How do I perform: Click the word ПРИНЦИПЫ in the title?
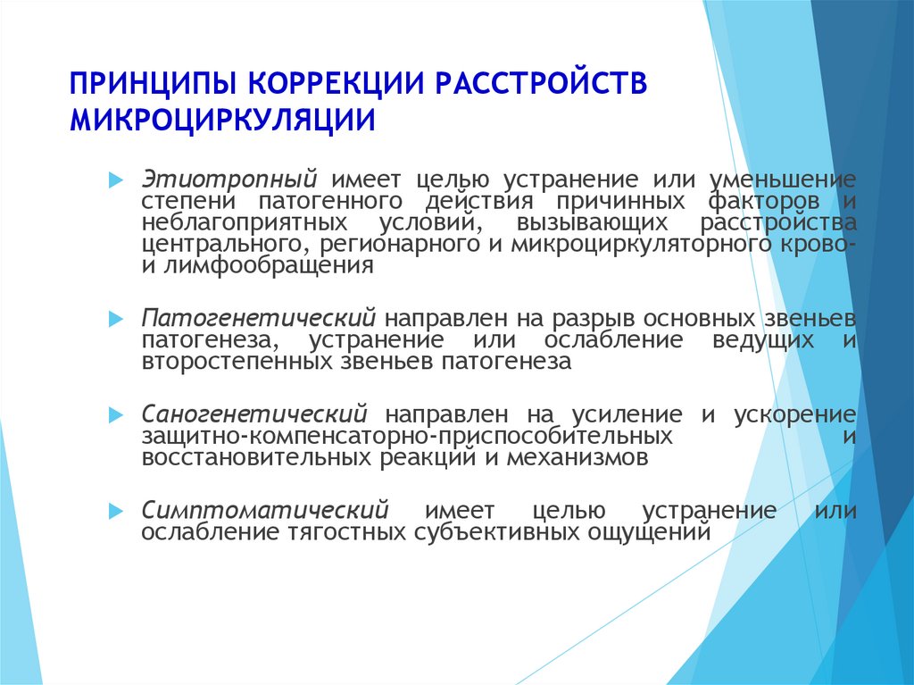[x=154, y=84]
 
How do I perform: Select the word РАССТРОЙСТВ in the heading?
[x=541, y=82]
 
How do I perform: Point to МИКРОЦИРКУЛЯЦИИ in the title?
[x=222, y=121]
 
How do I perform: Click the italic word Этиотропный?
[x=229, y=180]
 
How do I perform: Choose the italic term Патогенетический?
[x=258, y=318]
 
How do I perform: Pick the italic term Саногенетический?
[x=254, y=414]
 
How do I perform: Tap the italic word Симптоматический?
[x=265, y=510]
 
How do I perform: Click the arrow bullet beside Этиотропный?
[x=116, y=180]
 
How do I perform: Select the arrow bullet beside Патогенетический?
[x=116, y=319]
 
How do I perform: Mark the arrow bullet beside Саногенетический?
[x=116, y=415]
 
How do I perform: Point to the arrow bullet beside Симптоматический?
[x=116, y=512]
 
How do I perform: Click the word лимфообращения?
[x=268, y=265]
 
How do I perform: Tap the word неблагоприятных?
[x=245, y=223]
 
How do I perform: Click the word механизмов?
[x=577, y=457]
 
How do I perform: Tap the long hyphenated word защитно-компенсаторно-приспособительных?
[x=407, y=437]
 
